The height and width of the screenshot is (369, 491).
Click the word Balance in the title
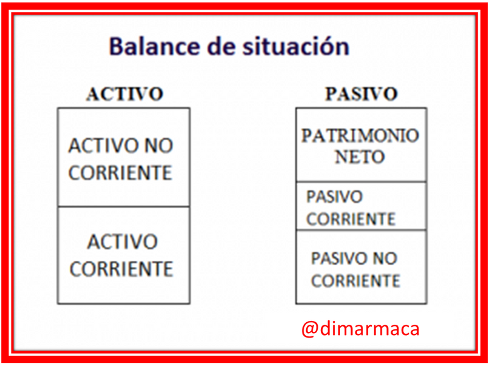click(x=155, y=46)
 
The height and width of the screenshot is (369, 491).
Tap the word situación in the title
click(x=296, y=46)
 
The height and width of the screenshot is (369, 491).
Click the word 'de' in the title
click(x=222, y=46)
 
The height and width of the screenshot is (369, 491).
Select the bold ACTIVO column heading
click(x=125, y=94)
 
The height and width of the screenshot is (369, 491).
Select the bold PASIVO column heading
click(x=361, y=94)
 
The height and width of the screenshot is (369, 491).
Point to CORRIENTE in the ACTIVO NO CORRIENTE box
click(x=120, y=173)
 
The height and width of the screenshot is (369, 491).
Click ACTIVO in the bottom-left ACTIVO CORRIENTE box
click(x=123, y=242)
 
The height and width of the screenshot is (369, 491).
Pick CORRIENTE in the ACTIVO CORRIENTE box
click(x=121, y=269)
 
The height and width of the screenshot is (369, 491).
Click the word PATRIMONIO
click(x=360, y=136)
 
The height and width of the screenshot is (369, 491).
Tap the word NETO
click(x=359, y=157)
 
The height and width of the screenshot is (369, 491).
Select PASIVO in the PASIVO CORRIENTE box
click(x=334, y=197)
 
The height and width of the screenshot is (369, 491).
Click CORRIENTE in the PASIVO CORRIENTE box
click(x=351, y=219)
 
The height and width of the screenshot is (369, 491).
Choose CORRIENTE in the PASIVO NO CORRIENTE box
click(x=355, y=281)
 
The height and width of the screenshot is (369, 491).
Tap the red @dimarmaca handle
click(x=360, y=329)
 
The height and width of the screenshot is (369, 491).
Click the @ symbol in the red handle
click(x=310, y=329)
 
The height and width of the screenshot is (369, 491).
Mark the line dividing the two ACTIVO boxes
click(x=123, y=207)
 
